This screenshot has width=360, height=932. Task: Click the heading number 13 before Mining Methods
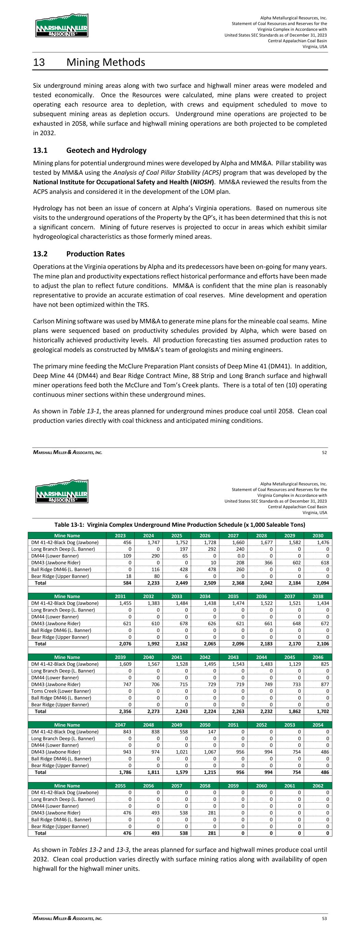click(x=39, y=62)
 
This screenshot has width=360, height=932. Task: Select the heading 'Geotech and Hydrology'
click(x=106, y=150)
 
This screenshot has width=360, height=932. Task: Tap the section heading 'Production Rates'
click(x=96, y=254)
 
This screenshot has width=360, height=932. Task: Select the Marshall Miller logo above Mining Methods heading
click(x=62, y=26)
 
